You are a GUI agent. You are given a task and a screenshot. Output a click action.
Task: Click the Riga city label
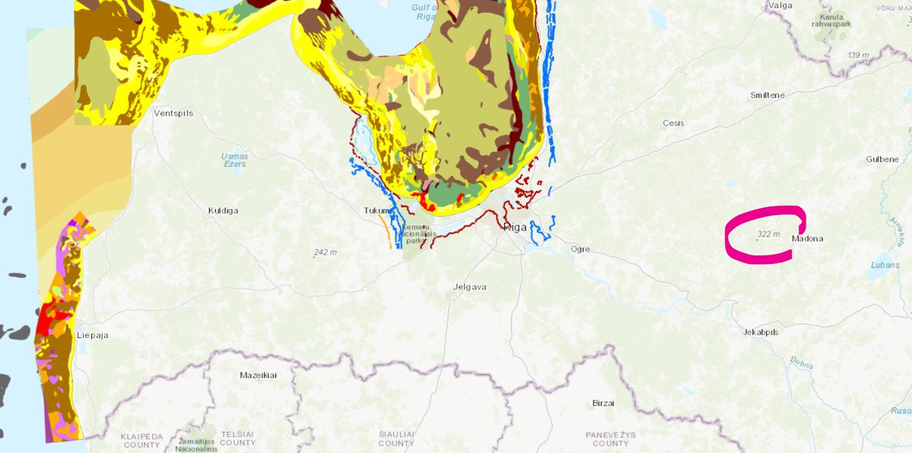(x=516, y=226)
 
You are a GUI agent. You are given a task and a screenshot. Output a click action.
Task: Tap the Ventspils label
(x=173, y=113)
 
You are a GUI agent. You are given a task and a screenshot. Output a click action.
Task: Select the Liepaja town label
(x=93, y=334)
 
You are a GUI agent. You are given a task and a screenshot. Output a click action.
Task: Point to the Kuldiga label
(x=223, y=210)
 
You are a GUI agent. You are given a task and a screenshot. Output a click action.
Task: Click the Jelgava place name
(x=469, y=287)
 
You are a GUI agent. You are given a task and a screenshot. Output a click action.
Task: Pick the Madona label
(x=807, y=239)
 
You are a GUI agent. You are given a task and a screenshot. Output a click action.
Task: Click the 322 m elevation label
(x=768, y=234)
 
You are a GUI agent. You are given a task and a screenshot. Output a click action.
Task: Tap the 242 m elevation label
(x=325, y=252)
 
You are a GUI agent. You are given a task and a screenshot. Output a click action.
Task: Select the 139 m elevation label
(x=858, y=55)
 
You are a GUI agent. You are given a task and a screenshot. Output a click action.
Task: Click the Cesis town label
(x=673, y=123)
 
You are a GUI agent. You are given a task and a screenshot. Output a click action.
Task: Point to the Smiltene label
(x=767, y=95)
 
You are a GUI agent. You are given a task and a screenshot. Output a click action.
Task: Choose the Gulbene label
(x=882, y=159)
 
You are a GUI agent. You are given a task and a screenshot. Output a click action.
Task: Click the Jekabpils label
(x=760, y=332)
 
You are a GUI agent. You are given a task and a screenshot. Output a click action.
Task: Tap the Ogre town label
(x=580, y=249)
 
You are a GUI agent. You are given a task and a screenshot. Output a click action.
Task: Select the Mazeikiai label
(x=259, y=375)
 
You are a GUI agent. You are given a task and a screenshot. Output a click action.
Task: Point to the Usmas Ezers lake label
(x=234, y=160)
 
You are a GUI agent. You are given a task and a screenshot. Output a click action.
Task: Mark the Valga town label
(x=781, y=5)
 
